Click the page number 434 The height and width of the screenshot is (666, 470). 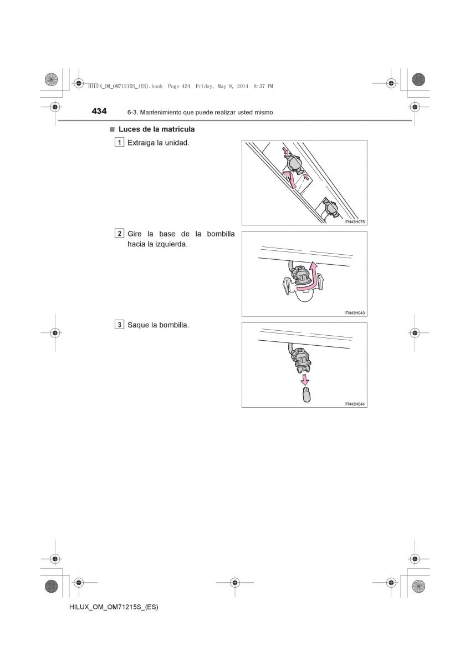(99, 111)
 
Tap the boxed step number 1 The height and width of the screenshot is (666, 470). (119, 143)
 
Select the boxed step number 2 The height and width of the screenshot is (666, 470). (119, 233)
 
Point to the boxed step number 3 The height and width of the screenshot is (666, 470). (119, 325)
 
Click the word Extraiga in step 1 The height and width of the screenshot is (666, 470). (141, 143)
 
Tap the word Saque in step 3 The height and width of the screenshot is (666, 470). (138, 325)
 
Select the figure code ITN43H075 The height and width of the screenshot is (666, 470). (354, 222)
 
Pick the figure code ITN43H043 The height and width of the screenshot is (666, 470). (354, 313)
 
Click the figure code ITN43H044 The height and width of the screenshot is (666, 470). (354, 404)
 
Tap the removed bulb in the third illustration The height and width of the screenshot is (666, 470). (305, 395)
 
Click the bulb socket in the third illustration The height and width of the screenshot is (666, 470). (300, 360)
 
